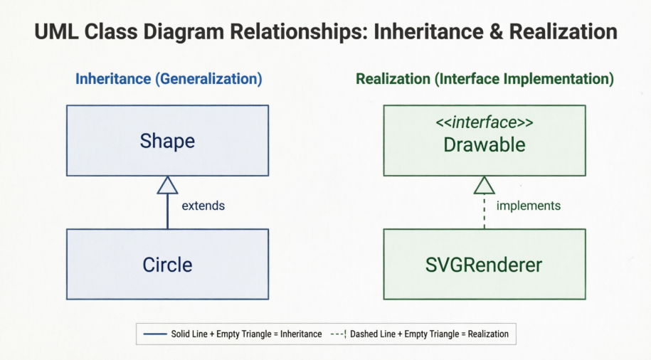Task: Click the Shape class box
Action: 167,140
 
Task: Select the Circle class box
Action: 167,264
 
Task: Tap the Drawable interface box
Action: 485,140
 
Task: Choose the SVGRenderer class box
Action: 485,264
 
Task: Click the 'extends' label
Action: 203,206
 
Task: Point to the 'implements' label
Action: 529,206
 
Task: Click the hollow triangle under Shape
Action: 167,185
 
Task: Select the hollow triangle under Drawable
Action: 484,185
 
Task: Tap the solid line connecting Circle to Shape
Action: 167,211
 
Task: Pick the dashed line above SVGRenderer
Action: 484,211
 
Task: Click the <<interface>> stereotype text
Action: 485,122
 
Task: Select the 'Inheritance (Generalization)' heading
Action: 169,78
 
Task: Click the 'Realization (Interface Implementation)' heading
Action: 485,78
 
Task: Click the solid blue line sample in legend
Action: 155,334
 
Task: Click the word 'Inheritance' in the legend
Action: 301,334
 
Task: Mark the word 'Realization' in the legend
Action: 488,334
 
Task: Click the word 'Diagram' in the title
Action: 184,31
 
